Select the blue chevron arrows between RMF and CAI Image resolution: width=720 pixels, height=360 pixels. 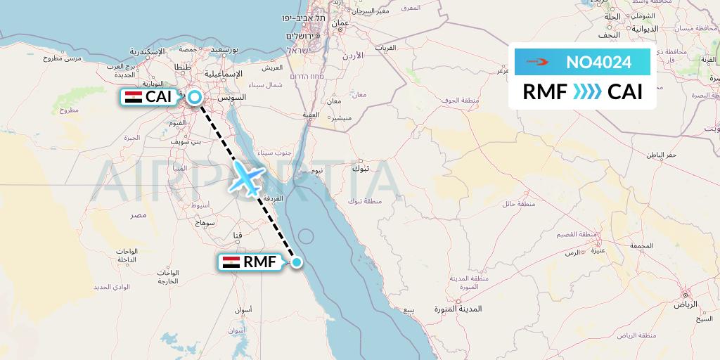(x=587, y=92)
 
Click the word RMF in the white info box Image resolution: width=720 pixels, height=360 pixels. (x=545, y=92)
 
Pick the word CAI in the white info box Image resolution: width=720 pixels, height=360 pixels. (x=625, y=92)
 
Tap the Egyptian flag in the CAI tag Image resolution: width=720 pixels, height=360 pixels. (x=134, y=98)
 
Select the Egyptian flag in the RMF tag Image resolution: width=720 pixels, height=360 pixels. (x=231, y=262)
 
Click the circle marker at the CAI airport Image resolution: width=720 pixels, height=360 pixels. (x=194, y=98)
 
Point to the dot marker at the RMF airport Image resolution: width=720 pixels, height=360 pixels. (x=297, y=262)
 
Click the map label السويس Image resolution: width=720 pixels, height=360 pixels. (x=233, y=96)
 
